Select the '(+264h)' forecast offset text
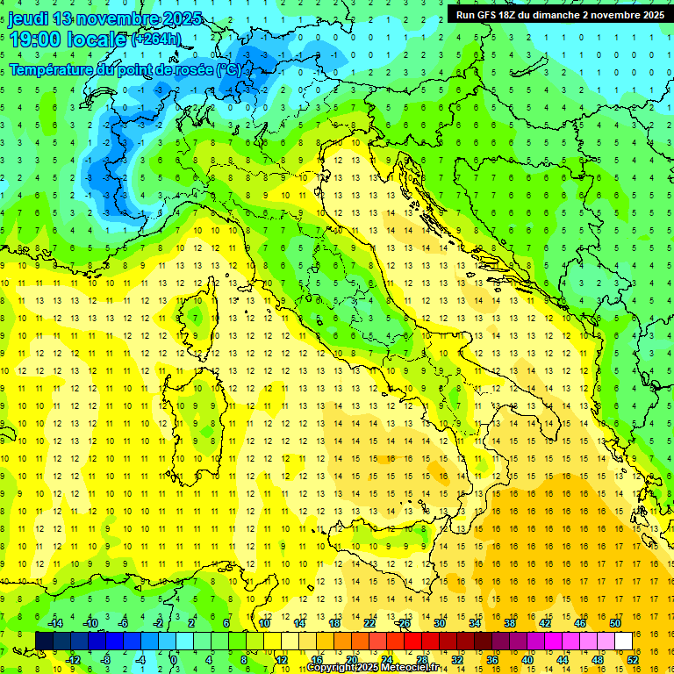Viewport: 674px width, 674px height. click(x=155, y=39)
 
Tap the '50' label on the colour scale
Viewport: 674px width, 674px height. click(x=615, y=623)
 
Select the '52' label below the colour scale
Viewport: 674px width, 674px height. click(x=633, y=659)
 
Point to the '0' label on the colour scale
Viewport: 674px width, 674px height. click(x=174, y=659)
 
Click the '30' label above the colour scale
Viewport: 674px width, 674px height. click(x=439, y=623)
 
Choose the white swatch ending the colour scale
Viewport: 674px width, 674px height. click(x=623, y=641)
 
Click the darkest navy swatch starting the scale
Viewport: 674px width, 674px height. click(x=44, y=641)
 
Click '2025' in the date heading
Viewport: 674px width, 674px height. click(x=182, y=18)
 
